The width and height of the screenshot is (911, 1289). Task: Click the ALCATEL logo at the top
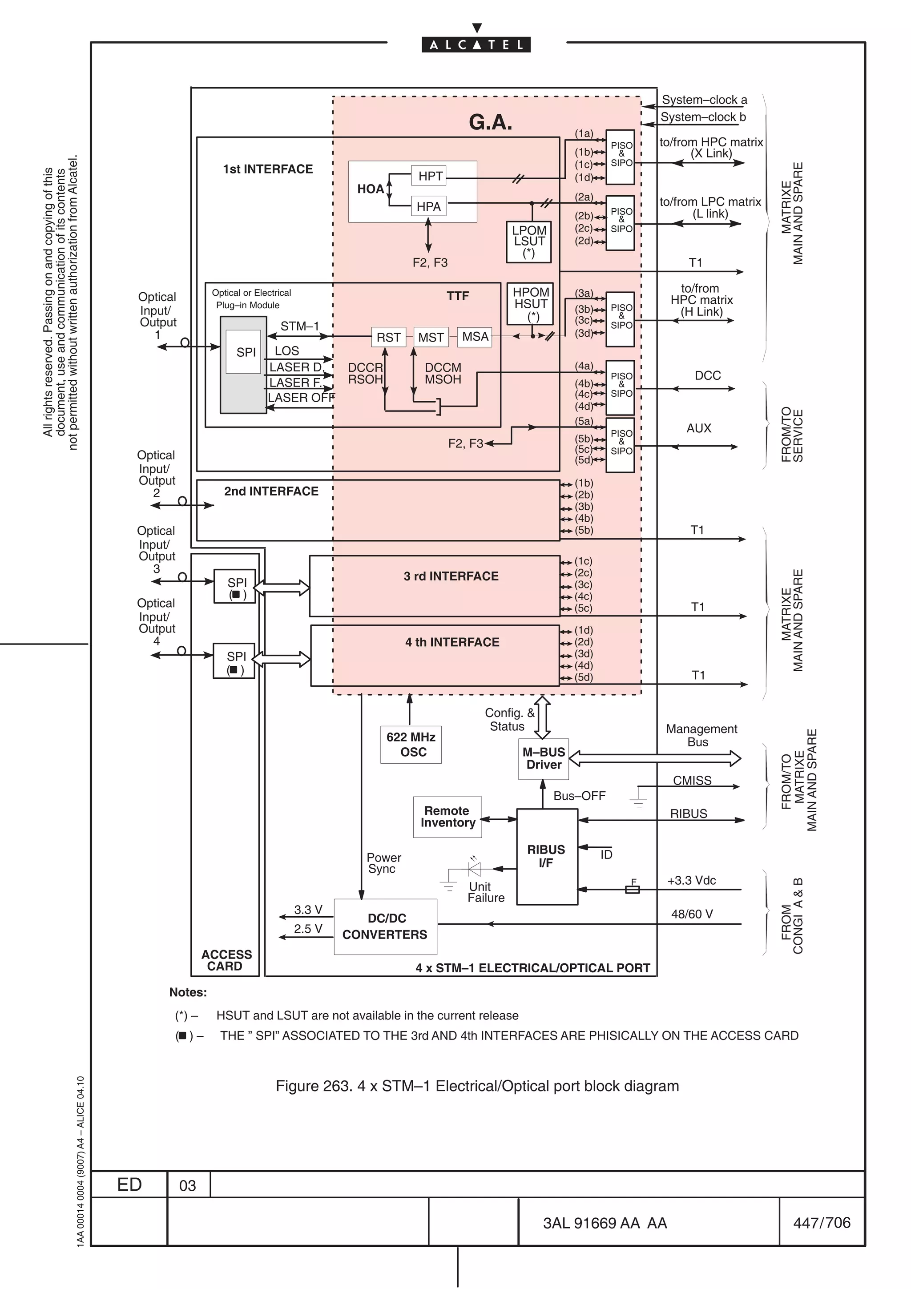476,44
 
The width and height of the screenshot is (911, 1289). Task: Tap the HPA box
428,206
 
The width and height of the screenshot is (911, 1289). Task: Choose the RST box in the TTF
388,337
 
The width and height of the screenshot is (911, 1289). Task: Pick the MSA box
475,336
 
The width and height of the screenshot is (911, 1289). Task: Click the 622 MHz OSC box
411,745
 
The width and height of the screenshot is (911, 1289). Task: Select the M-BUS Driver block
543,758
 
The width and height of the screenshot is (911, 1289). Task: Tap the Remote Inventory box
447,817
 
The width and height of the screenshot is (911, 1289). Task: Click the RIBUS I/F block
547,856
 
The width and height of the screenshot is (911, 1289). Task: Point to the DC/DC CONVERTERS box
385,926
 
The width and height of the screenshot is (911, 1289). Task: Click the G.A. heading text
490,122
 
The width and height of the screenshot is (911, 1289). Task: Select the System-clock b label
702,117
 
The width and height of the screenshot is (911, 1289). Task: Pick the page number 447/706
821,1222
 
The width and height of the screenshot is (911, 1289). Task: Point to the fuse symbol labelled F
632,889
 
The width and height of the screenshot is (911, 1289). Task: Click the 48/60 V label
692,914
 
